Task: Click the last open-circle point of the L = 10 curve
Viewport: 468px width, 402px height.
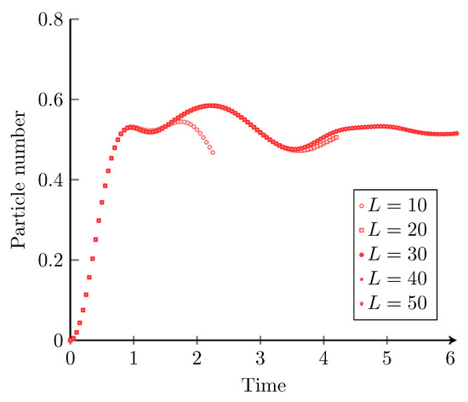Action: (x=213, y=152)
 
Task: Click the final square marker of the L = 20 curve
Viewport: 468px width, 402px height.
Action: (x=336, y=137)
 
